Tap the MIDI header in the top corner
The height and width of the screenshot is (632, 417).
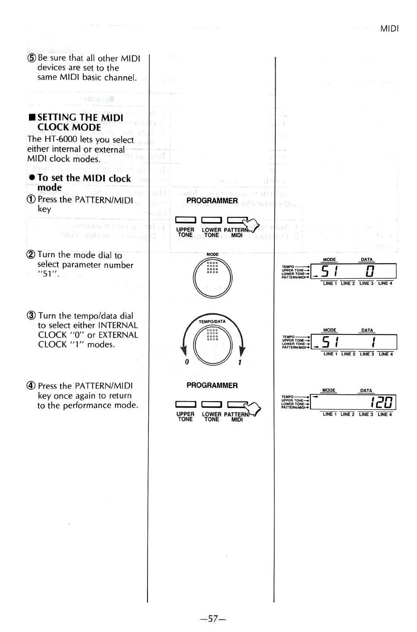[389, 29]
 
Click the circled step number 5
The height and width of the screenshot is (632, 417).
[32, 58]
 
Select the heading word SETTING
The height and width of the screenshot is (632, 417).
[57, 117]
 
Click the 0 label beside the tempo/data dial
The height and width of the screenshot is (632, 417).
[187, 362]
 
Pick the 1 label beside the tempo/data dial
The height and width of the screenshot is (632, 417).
[240, 363]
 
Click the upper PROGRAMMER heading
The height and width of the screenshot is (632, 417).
[212, 201]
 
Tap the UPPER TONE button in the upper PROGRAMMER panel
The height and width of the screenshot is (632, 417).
[185, 220]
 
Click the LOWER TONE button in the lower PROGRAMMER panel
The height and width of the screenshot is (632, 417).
[212, 404]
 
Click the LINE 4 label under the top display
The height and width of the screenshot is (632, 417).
[385, 284]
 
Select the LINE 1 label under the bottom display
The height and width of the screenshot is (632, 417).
[330, 414]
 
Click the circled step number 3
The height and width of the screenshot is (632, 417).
[32, 316]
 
